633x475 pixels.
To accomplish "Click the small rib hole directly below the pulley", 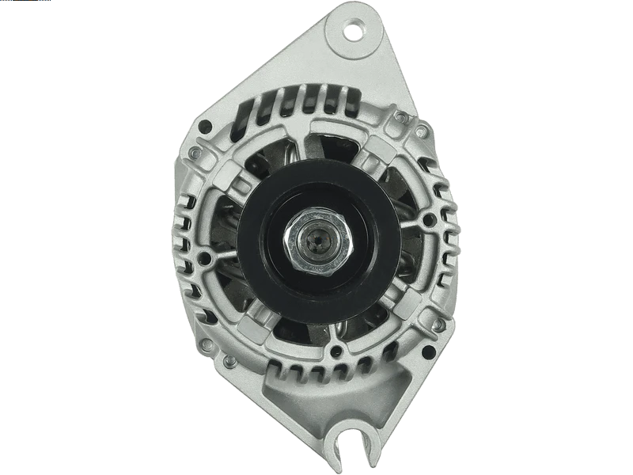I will pyautogui.click(x=337, y=349).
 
